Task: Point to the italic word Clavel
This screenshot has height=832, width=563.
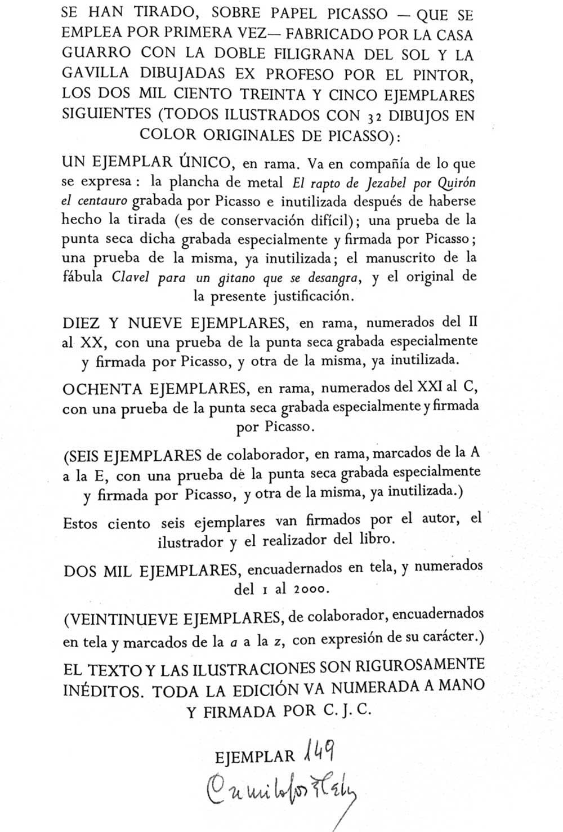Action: point(131,277)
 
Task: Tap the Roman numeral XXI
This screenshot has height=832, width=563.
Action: point(430,389)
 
